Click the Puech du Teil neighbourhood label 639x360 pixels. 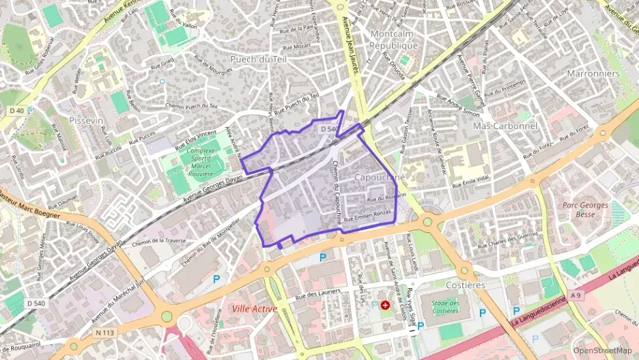pyautogui.click(x=258, y=59)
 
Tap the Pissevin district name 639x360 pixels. pyautogui.click(x=85, y=120)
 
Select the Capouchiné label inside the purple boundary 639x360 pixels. pyautogui.click(x=380, y=177)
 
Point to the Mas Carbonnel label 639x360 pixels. pyautogui.click(x=505, y=126)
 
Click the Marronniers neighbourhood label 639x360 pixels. pyautogui.click(x=593, y=73)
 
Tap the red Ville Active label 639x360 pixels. pyautogui.click(x=254, y=309)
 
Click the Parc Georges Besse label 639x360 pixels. pyautogui.click(x=585, y=210)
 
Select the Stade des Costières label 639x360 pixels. pyautogui.click(x=445, y=307)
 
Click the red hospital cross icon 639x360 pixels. pyautogui.click(x=385, y=305)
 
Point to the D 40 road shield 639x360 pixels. pyautogui.click(x=17, y=111)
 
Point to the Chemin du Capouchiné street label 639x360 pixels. pyautogui.click(x=337, y=191)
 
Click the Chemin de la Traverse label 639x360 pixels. pyautogui.click(x=160, y=240)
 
